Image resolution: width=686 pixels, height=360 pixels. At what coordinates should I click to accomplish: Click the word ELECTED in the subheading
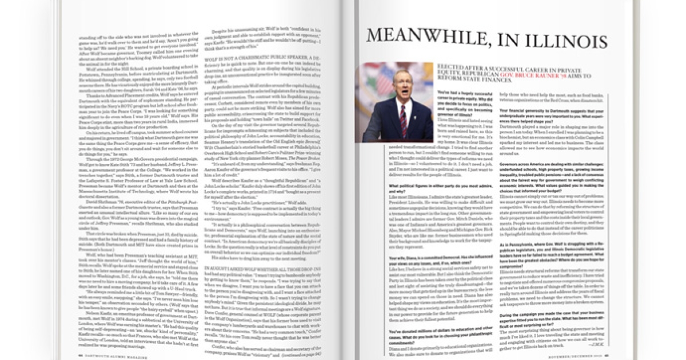pos(451,66)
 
